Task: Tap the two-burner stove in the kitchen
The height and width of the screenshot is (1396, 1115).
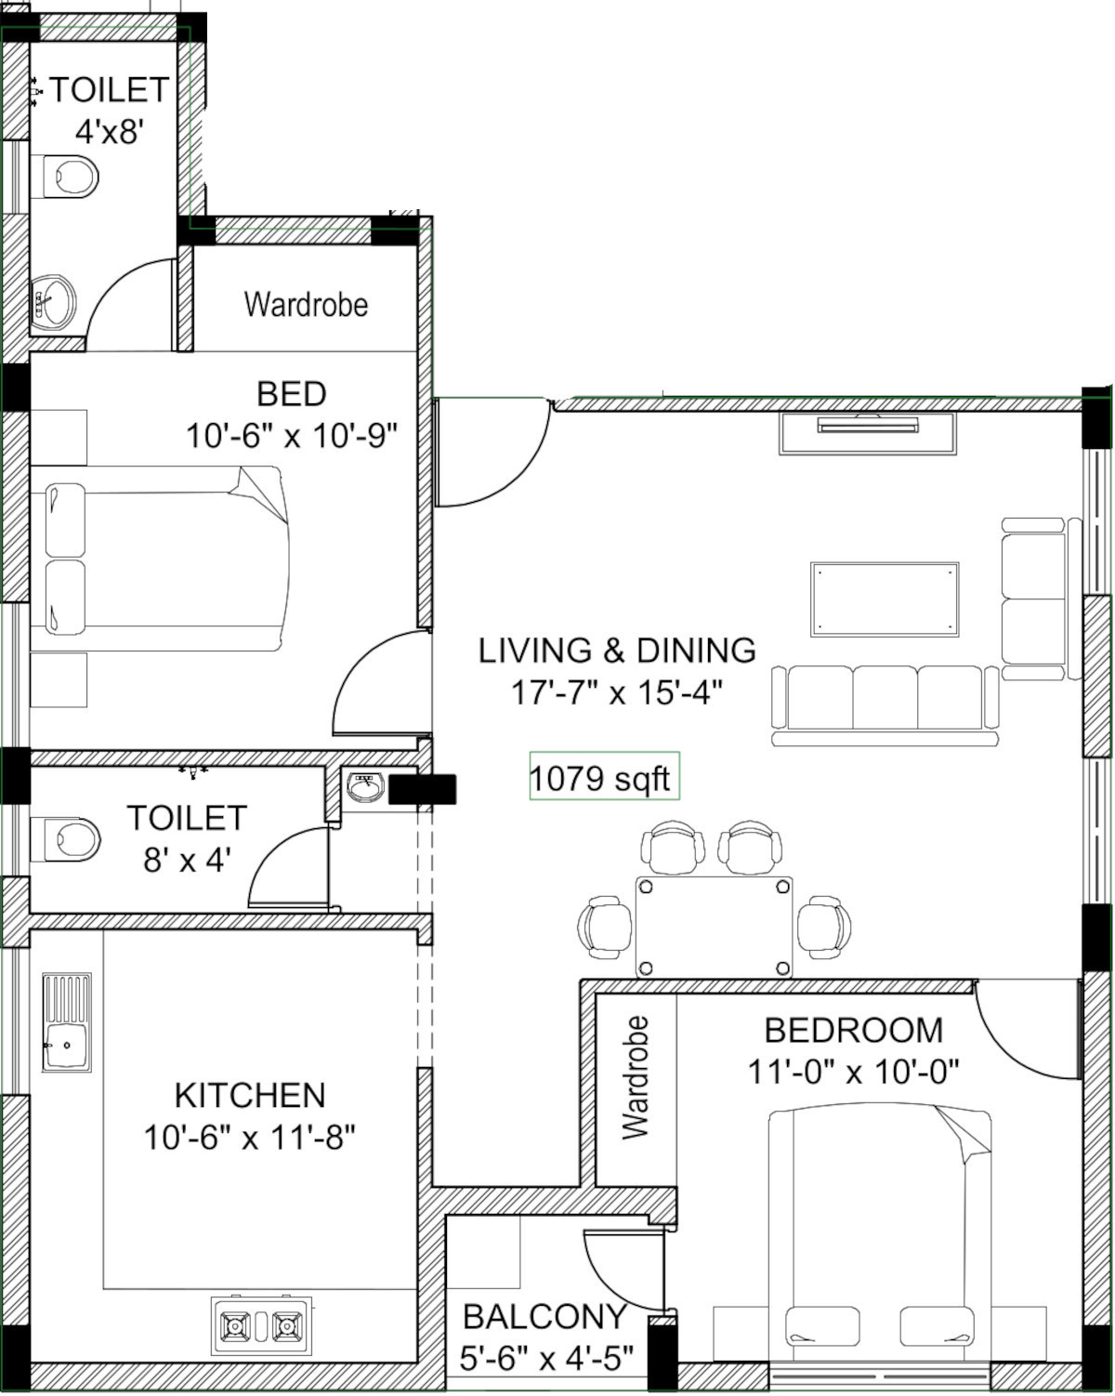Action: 261,1326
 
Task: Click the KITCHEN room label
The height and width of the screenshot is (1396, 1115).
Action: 250,1097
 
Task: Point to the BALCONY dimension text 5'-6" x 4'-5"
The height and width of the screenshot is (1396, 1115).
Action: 546,1358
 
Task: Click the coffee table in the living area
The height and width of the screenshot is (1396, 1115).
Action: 885,599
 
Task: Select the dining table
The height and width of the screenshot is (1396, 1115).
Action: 715,927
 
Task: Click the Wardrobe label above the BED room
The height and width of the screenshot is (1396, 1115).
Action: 306,304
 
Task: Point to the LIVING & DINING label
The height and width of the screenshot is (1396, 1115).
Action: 617,650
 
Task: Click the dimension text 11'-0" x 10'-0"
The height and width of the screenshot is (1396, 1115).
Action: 853,1072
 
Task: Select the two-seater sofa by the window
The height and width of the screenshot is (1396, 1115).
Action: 1034,599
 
